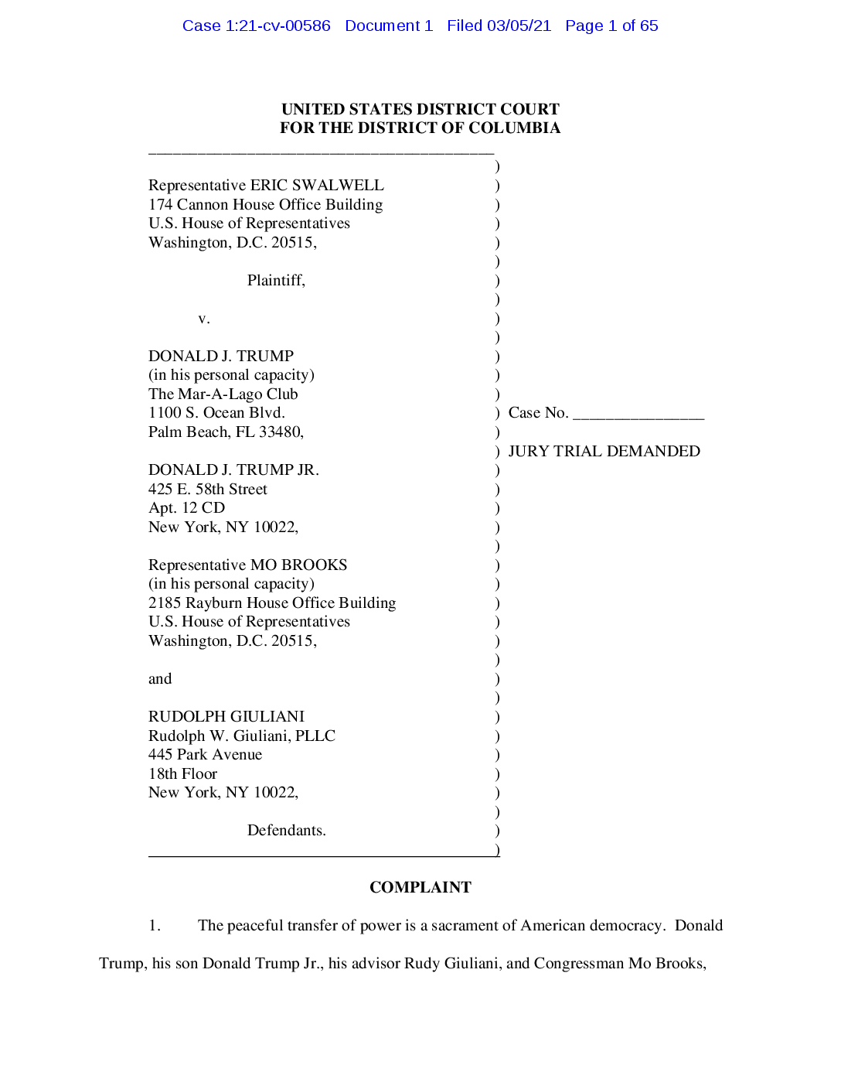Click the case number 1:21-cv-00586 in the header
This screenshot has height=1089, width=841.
point(277,26)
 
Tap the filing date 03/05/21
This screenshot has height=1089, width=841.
point(519,26)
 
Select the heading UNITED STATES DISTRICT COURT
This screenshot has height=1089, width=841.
point(420,109)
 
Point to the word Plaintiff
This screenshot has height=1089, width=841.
point(275,281)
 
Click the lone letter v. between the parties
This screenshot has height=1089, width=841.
point(204,319)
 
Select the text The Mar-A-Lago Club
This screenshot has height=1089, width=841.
point(223,394)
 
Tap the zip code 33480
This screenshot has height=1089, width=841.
point(280,432)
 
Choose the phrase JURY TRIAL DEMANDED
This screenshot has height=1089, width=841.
point(604,451)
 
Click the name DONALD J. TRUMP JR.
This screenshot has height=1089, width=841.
point(233,469)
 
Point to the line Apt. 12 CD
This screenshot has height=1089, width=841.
point(186,507)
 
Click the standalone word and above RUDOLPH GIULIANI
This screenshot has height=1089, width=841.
point(160,678)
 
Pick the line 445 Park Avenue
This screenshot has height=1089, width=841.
point(205,754)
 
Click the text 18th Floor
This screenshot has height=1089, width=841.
point(182,773)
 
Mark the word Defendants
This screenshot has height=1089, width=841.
point(286,830)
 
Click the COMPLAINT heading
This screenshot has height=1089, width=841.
point(420,887)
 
